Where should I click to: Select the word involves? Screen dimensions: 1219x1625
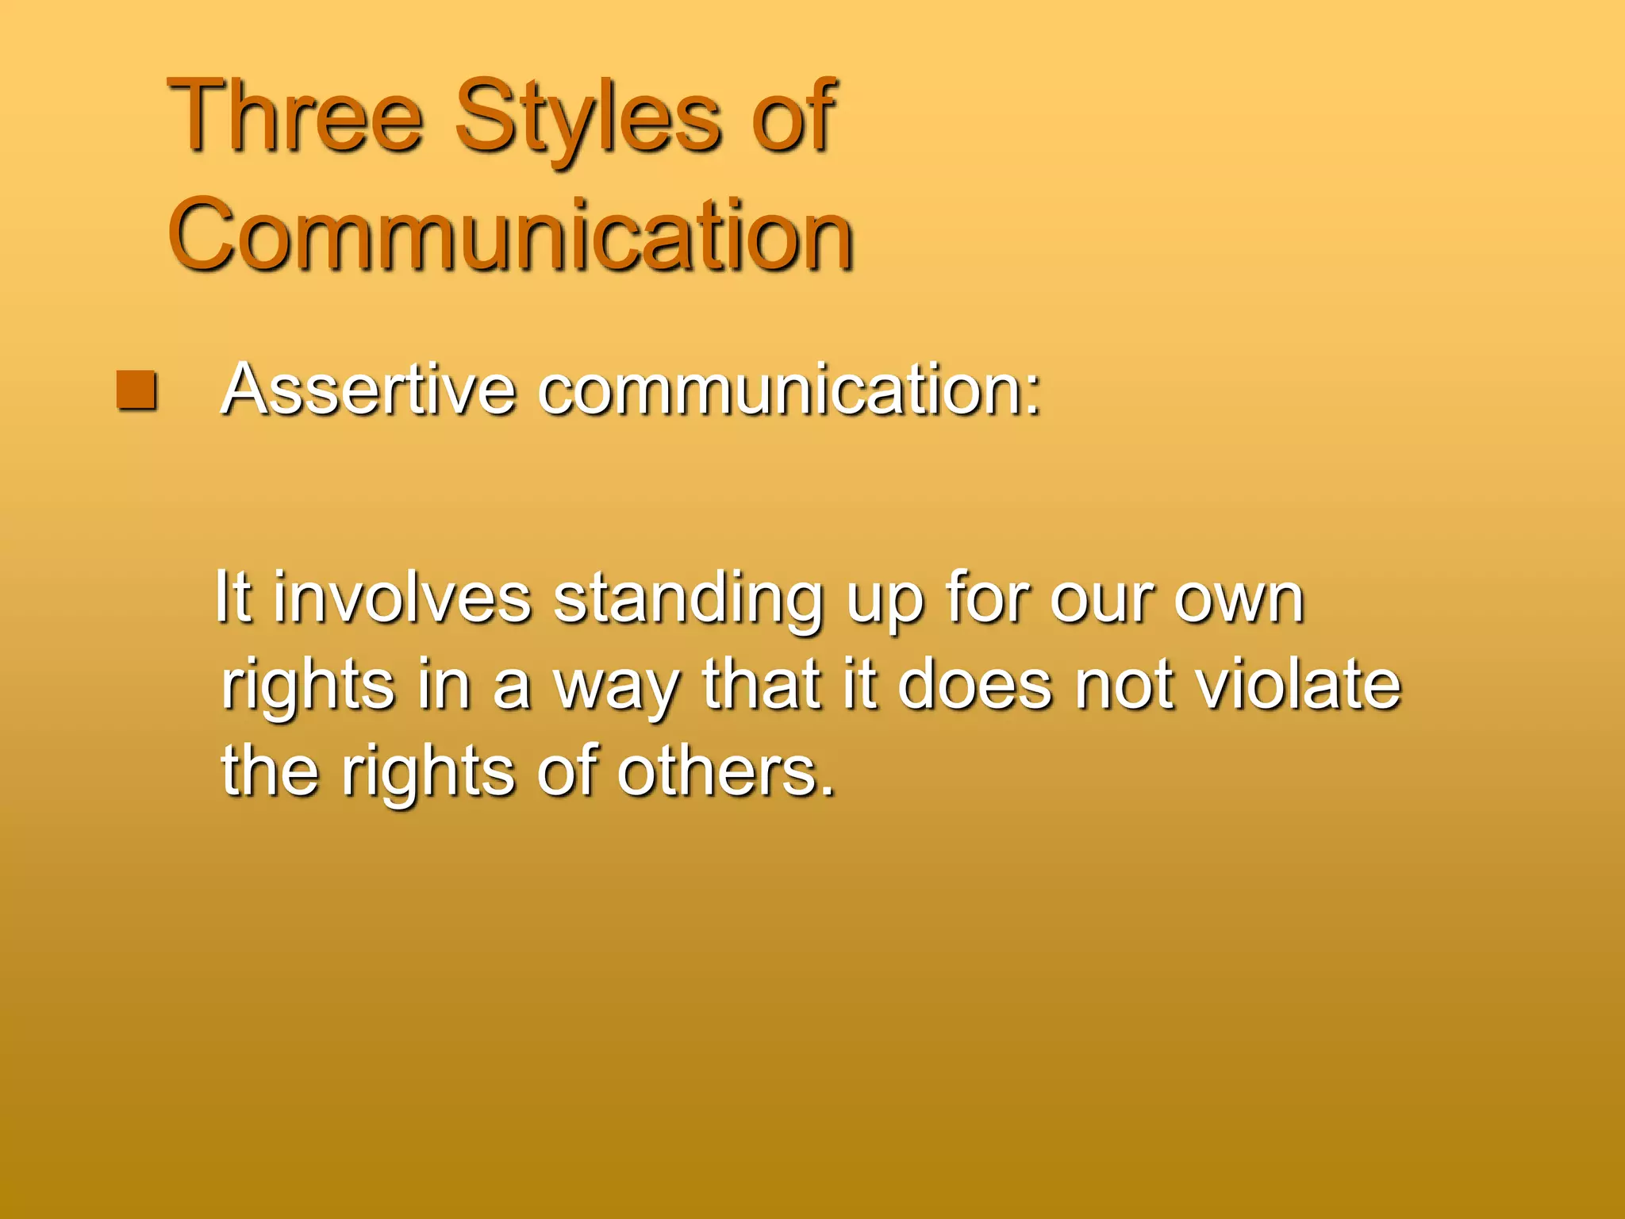pyautogui.click(x=402, y=599)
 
